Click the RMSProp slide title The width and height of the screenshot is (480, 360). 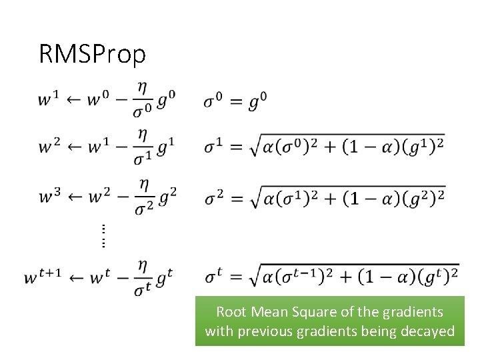coord(92,54)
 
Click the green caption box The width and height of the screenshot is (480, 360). coord(329,321)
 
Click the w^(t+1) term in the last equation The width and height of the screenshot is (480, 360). coord(43,276)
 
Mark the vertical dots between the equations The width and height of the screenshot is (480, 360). coord(103,235)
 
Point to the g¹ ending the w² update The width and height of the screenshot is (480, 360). coord(167,147)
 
